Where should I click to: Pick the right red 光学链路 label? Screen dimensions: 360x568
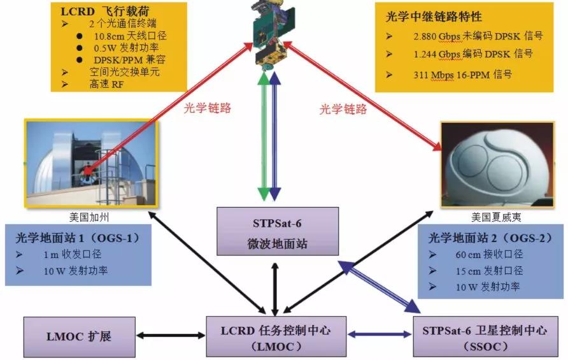(343, 109)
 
